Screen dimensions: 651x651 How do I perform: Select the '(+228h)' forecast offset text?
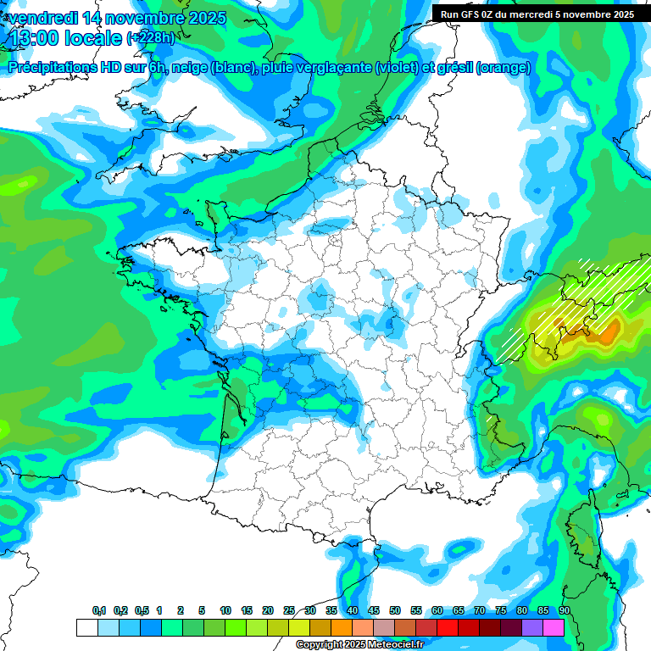click(150, 38)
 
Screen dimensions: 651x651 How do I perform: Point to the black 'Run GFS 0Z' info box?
click(537, 14)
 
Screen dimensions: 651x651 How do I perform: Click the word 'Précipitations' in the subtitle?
click(53, 68)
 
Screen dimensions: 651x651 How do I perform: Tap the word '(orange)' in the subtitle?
click(504, 68)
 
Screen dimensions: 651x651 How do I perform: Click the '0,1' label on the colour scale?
click(99, 611)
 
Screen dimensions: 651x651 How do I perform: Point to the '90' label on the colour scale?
click(564, 611)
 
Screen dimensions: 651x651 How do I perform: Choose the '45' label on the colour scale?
click(374, 611)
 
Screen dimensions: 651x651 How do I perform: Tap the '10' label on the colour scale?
click(225, 611)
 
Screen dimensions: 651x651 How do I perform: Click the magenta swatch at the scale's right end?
click(554, 627)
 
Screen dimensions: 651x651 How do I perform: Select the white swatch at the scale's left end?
click(86, 627)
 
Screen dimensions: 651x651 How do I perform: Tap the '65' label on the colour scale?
click(458, 611)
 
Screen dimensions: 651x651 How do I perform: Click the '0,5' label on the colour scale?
click(142, 611)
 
